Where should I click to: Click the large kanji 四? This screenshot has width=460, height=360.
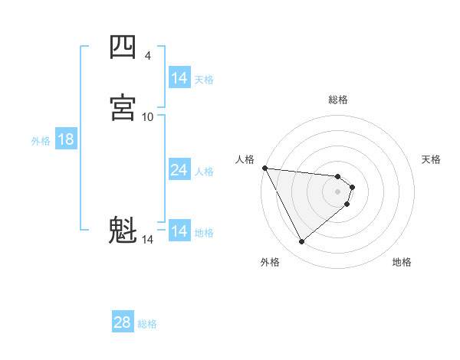(123, 48)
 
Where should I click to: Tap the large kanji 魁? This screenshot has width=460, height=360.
(123, 231)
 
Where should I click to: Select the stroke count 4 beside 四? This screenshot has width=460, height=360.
(148, 56)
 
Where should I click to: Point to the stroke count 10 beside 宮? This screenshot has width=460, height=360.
(148, 116)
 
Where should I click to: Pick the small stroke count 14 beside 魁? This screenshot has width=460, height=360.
(148, 239)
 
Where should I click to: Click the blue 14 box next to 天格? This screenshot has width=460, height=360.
(179, 78)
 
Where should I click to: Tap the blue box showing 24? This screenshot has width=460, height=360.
(179, 170)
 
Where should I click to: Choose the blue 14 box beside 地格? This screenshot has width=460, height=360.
(179, 231)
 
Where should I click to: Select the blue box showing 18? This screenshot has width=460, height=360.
(66, 139)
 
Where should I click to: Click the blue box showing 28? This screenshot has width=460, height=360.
(123, 322)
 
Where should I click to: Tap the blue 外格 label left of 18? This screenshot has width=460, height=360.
(41, 140)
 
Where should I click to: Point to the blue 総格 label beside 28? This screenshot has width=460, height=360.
(147, 324)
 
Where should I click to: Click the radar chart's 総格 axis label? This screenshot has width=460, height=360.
(338, 100)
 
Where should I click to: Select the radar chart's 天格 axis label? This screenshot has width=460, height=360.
(432, 159)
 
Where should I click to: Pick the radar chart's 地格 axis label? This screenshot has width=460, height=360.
(402, 263)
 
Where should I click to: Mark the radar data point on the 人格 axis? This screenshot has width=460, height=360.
(264, 168)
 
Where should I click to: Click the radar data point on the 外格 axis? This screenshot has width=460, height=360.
(301, 242)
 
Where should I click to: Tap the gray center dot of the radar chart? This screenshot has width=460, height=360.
(338, 191)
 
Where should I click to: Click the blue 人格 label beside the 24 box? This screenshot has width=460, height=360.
(205, 171)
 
